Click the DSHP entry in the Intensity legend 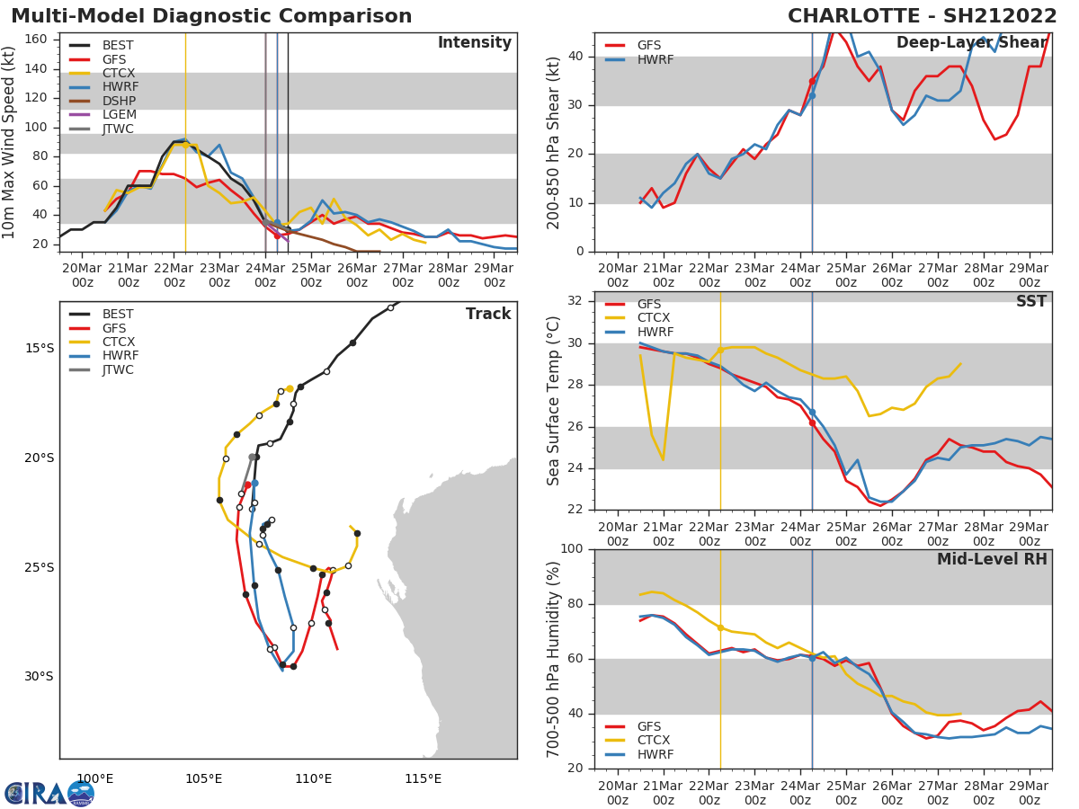(x=119, y=101)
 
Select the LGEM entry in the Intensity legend (x=119, y=115)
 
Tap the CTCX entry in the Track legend (x=119, y=342)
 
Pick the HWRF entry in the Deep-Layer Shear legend (x=655, y=60)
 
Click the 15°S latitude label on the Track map (x=39, y=349)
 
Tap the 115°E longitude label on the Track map (x=423, y=779)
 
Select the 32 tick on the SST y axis (x=576, y=301)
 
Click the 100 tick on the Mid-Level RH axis (x=572, y=549)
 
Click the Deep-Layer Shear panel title (x=971, y=43)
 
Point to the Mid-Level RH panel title (x=992, y=559)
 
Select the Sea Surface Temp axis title (x=554, y=401)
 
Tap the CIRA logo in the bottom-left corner (x=49, y=794)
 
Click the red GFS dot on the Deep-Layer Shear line (x=812, y=81)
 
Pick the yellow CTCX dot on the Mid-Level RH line (x=720, y=627)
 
